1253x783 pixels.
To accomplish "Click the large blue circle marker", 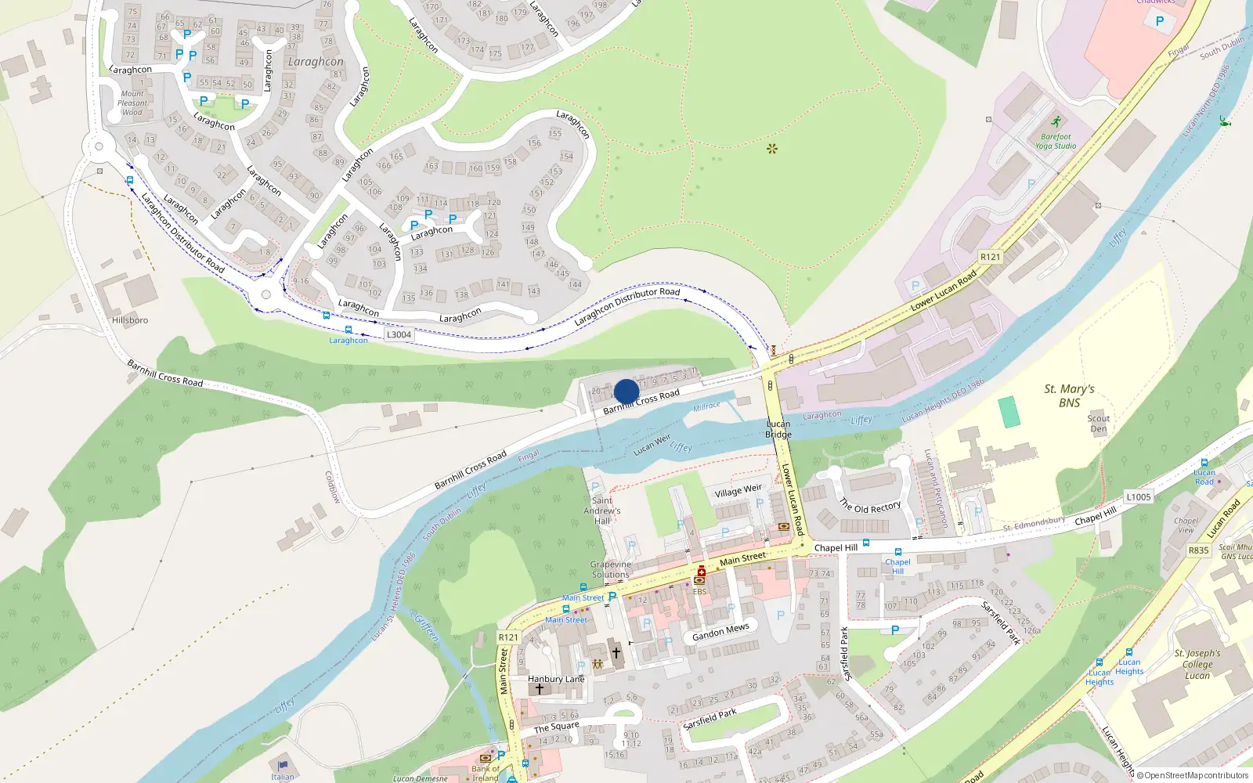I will coord(626,391).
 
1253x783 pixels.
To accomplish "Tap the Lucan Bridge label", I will coord(778,429).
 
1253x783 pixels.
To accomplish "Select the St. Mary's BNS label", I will coord(1069,396).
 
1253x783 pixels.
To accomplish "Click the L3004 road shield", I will coord(399,334).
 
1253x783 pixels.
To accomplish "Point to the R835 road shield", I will coord(1198,550).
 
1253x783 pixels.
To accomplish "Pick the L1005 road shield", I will coord(1139,496).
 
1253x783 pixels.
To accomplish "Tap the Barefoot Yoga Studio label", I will coord(1056,141).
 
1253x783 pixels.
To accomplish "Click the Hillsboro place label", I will coord(130,320).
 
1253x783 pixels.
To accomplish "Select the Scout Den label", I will coord(1099,424).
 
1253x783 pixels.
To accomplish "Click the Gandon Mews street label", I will coord(720,631).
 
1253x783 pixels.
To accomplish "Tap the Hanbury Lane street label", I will coord(556,679).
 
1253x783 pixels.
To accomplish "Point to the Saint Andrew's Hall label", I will coord(602,511).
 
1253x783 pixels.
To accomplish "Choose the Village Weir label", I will coord(738,491).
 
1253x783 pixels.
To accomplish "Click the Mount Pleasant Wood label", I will coord(132,103).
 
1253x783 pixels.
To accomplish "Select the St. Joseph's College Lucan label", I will coord(1197,664).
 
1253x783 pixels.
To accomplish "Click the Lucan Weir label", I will coord(652,445).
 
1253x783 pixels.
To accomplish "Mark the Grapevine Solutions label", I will coord(610,569).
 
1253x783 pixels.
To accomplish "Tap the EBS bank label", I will coord(699,591).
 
